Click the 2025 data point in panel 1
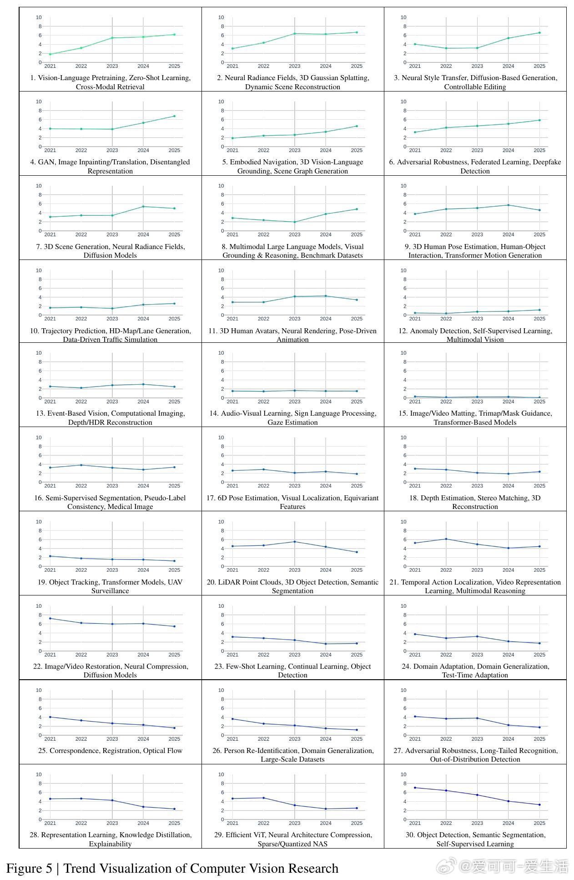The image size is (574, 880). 174,35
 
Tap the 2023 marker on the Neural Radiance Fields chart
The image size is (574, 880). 295,34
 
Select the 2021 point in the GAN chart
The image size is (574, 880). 50,129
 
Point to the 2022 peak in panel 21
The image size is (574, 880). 446,539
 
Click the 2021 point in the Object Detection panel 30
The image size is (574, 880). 415,788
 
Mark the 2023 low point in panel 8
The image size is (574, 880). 295,222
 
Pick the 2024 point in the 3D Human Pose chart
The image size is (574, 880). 509,205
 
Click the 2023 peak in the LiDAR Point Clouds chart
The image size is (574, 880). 295,542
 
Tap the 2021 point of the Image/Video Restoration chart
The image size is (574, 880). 50,619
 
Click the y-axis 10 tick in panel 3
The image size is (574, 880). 403,17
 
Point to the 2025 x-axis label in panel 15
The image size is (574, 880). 539,402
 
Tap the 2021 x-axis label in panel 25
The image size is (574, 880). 50,739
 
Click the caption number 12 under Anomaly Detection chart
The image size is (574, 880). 403,331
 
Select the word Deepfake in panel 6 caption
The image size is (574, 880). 545,162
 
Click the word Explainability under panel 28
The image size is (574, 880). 110,844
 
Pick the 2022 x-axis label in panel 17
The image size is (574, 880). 263,486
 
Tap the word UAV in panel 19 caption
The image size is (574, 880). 175,582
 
